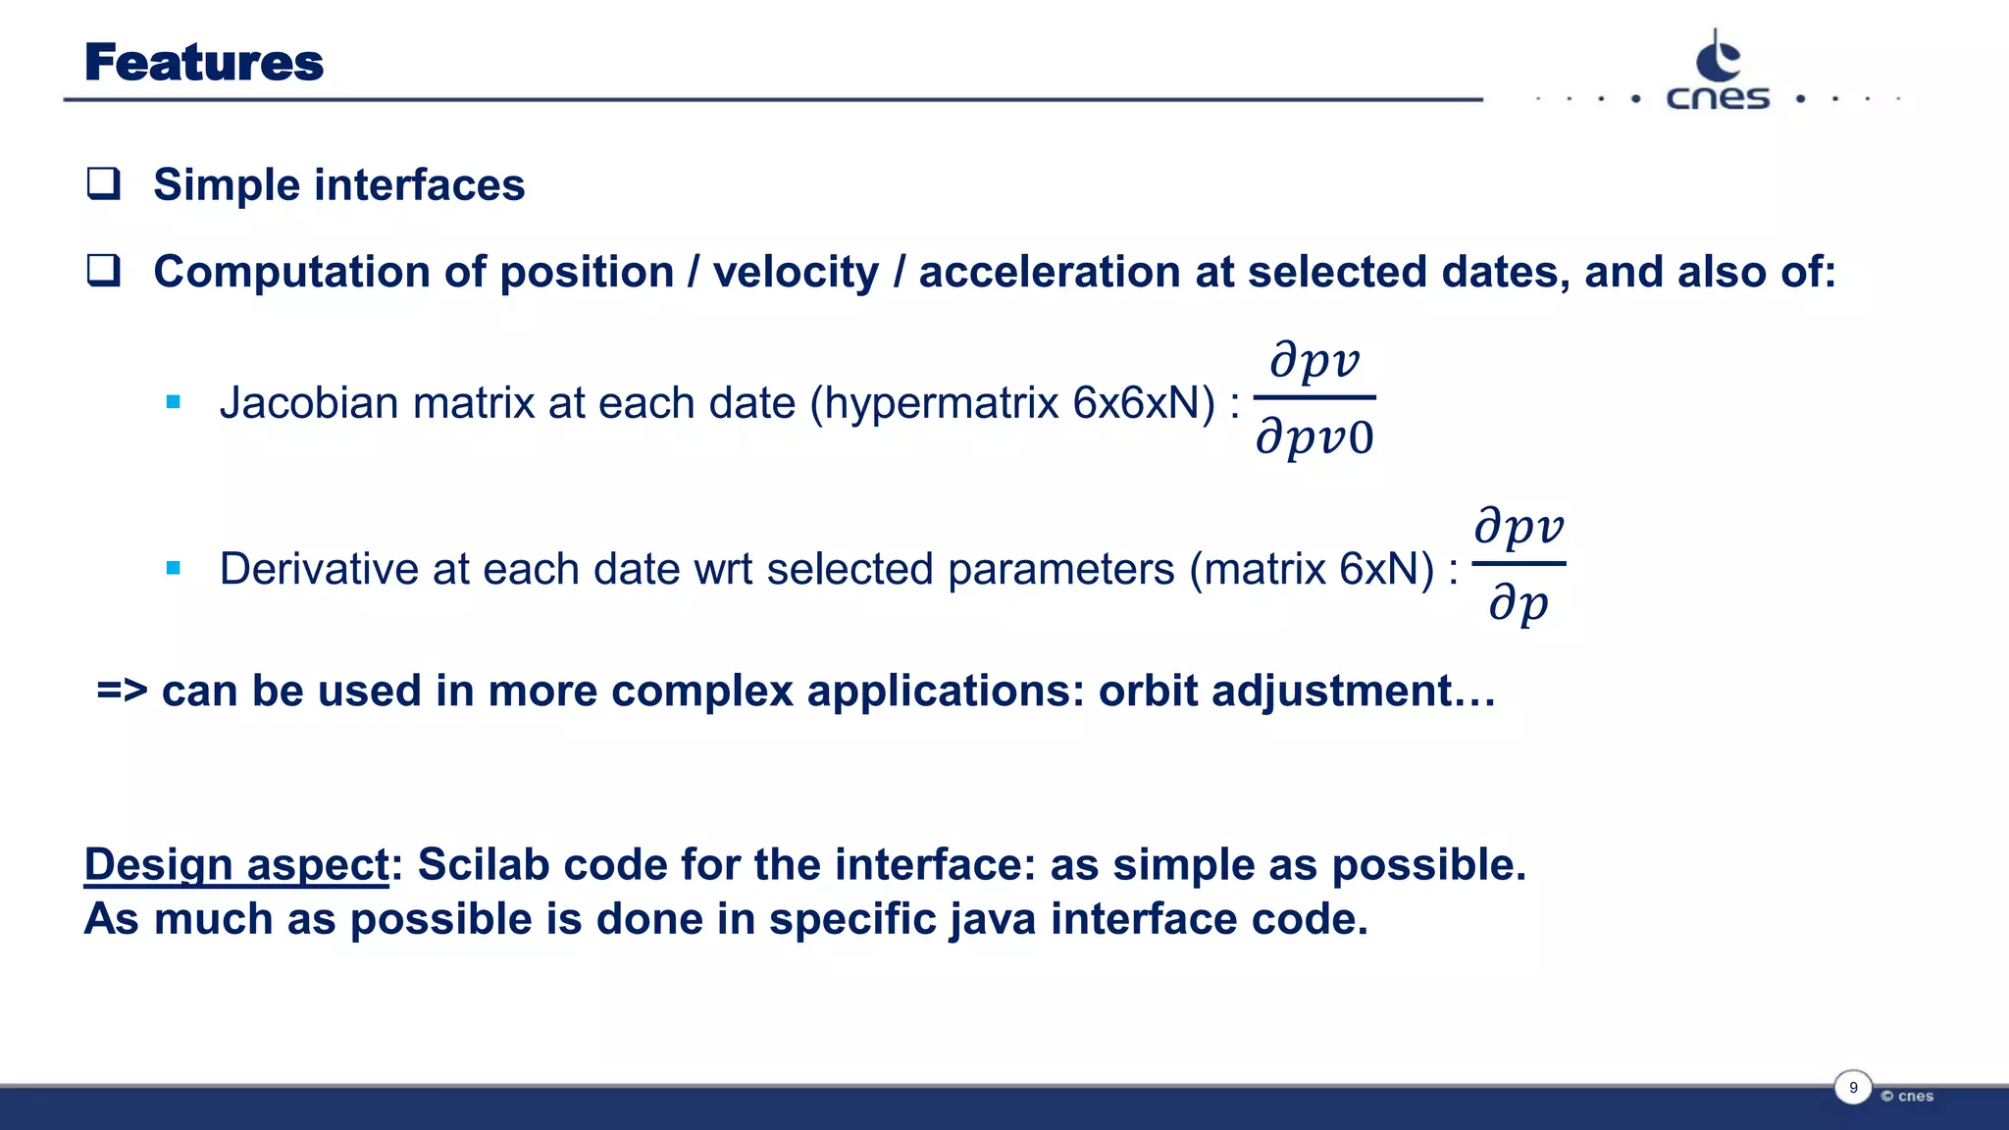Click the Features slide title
point(203,62)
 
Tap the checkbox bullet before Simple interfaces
point(103,183)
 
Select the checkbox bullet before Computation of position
point(103,270)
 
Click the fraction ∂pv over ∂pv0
point(1314,398)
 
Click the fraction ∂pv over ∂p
point(1519,565)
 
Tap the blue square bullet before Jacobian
point(174,402)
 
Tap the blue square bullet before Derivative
point(174,568)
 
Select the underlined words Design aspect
point(236,865)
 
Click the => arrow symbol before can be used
point(122,691)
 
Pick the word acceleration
point(1049,272)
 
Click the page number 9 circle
point(1853,1088)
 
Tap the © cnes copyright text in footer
point(1907,1096)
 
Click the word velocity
point(796,272)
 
